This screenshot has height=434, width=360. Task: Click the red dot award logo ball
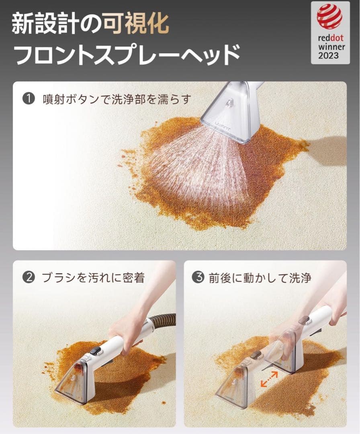click(329, 16)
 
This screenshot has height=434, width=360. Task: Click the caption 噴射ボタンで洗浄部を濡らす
click(117, 99)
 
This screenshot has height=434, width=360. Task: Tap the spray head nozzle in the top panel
click(229, 113)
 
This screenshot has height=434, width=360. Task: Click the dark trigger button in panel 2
click(95, 350)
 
